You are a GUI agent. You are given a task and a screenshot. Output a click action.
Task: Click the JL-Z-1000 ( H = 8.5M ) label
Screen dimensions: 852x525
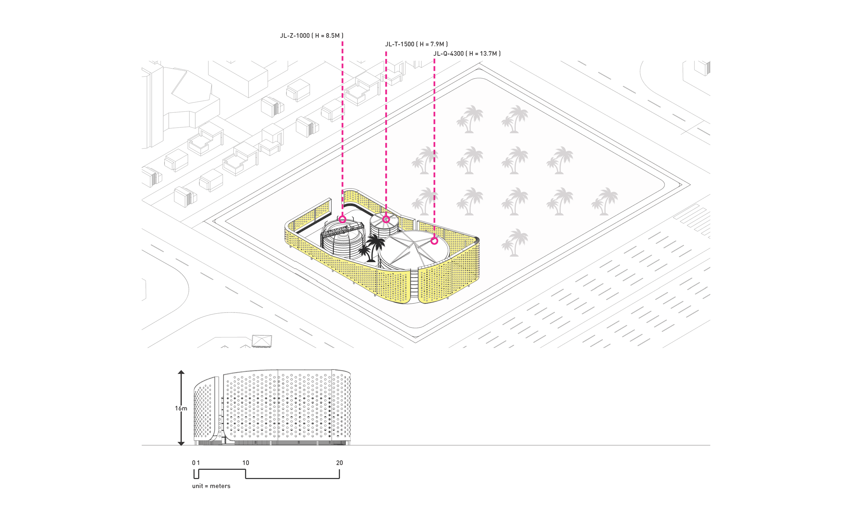click(x=311, y=35)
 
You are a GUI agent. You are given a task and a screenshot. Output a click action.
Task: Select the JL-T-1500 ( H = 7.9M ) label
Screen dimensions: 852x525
click(x=416, y=44)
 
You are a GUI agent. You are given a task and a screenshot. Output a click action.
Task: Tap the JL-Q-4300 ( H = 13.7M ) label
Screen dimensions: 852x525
click(x=467, y=53)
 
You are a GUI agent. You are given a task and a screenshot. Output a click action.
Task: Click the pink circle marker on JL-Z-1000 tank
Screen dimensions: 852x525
click(x=342, y=219)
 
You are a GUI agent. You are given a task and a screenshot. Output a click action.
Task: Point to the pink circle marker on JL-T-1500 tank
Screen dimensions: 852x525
click(x=386, y=219)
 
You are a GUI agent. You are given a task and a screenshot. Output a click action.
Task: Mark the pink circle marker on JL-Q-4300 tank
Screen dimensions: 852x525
click(x=434, y=241)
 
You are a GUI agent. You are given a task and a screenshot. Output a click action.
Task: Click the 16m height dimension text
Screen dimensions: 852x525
click(x=181, y=408)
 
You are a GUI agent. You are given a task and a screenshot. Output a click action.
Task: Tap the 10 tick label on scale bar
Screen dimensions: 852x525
click(x=246, y=463)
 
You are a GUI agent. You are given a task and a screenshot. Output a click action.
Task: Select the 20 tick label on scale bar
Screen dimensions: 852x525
click(x=339, y=463)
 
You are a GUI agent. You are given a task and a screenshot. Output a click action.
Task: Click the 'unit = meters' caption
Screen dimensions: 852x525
click(x=211, y=486)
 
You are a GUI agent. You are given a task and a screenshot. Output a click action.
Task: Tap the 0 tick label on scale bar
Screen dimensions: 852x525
click(x=194, y=463)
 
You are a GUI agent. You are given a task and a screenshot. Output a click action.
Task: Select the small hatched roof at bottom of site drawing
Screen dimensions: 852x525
click(x=262, y=340)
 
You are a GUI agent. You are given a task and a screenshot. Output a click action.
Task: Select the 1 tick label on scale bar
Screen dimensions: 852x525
click(x=198, y=463)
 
